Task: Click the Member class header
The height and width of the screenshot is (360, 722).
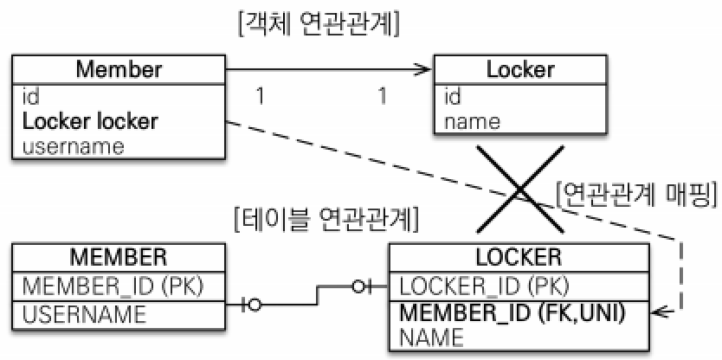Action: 119,69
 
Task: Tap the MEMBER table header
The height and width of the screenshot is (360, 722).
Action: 120,257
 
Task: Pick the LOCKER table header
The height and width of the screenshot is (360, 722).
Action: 519,257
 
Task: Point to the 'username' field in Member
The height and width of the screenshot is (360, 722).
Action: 73,145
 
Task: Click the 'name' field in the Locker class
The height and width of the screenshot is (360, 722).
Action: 472,120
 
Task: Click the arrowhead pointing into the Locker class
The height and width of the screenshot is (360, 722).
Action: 424,71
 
